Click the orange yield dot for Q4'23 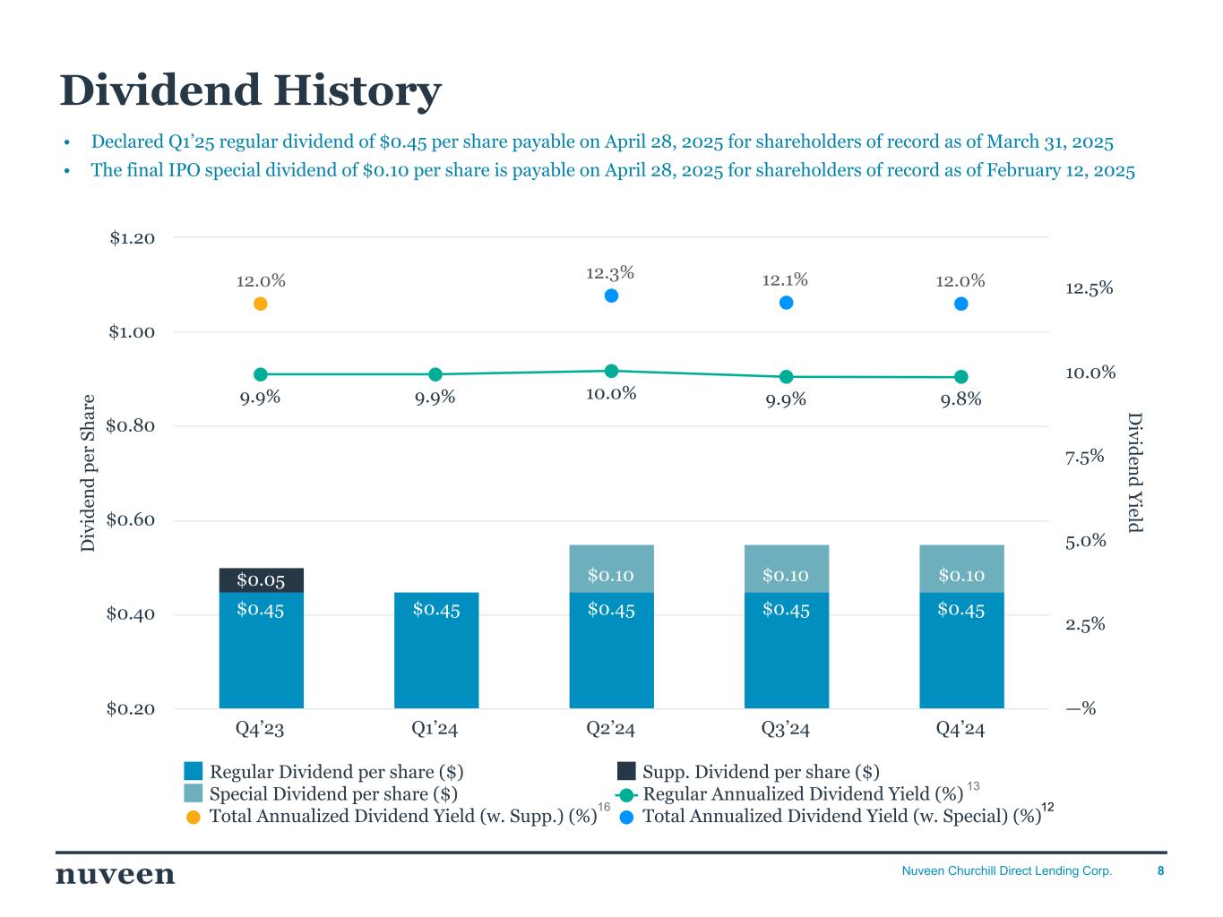click(x=261, y=304)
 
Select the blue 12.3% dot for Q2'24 click(x=612, y=296)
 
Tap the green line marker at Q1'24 click(x=435, y=374)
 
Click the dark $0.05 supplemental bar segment click(x=261, y=580)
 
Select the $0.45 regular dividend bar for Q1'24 click(x=436, y=650)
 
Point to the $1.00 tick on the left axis click(x=132, y=332)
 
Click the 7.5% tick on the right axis click(x=1084, y=458)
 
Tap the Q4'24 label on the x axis click(x=960, y=729)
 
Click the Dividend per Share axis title click(x=88, y=473)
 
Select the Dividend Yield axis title click(x=1135, y=472)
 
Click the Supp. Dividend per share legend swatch click(x=626, y=771)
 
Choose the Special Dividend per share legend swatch click(x=194, y=793)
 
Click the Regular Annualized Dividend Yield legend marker click(x=626, y=794)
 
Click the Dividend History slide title click(x=250, y=91)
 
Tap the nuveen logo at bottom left click(x=115, y=874)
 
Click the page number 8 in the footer click(x=1161, y=871)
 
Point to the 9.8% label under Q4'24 click(x=960, y=399)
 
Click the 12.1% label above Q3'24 click(x=785, y=280)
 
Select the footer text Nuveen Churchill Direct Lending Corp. click(x=1006, y=871)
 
